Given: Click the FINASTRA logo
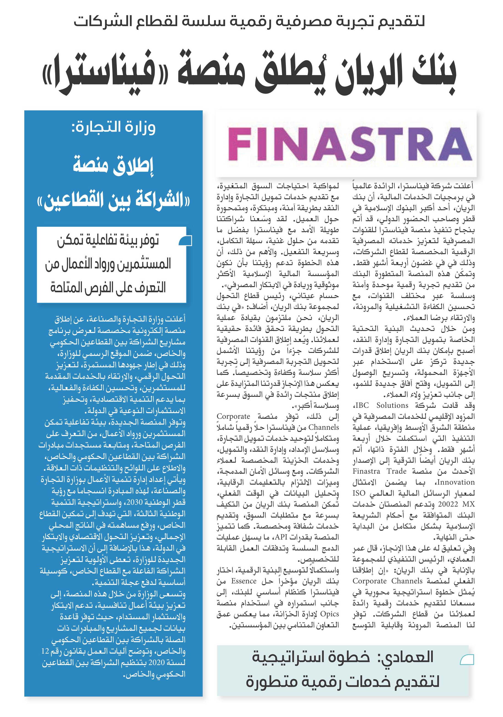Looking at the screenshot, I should click(x=350, y=144).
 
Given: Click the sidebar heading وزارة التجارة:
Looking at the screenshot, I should click(x=114, y=127).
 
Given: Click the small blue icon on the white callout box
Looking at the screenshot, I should click(x=185, y=241).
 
